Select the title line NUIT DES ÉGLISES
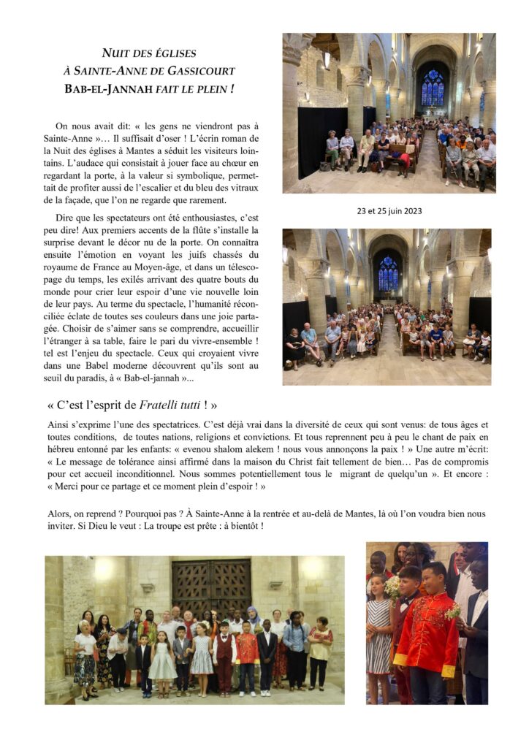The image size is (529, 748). click(x=148, y=53)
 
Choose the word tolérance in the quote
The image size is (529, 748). click(x=131, y=462)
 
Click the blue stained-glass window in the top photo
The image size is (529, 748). click(x=433, y=88)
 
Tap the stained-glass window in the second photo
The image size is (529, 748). click(x=387, y=273)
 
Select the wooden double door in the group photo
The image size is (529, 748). click(x=212, y=587)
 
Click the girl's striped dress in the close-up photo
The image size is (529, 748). click(x=378, y=627)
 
